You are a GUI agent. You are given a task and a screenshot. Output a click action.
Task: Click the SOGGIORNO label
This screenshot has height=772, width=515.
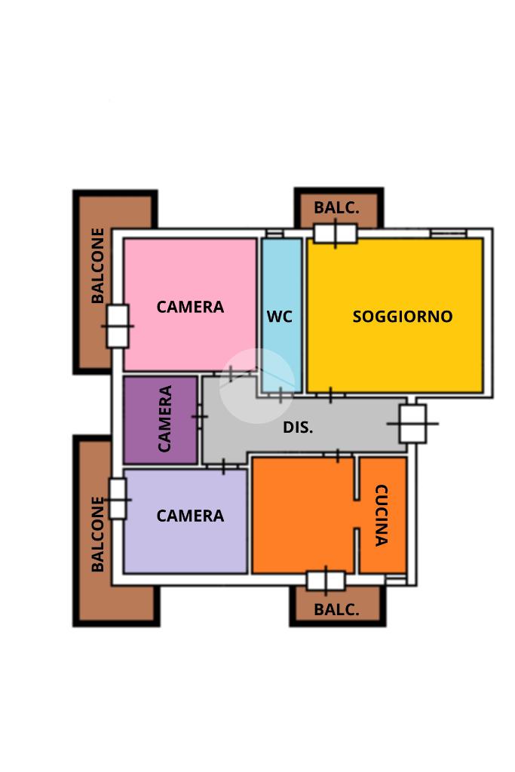click(x=403, y=317)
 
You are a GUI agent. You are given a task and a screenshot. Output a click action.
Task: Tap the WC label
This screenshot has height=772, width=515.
click(x=279, y=317)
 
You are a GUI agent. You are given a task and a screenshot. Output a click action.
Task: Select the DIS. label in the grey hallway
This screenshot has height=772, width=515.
click(x=298, y=427)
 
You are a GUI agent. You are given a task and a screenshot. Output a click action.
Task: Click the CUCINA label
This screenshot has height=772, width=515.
click(x=382, y=515)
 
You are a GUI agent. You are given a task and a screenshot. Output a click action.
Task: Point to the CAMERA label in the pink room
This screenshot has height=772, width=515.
click(x=190, y=307)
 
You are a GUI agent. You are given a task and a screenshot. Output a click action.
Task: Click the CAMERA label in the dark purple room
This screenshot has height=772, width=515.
click(x=165, y=418)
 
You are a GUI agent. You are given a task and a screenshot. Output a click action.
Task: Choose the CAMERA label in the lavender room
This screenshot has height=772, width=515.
click(x=190, y=516)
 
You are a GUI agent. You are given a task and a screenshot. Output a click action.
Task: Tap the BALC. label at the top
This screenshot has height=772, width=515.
click(x=336, y=207)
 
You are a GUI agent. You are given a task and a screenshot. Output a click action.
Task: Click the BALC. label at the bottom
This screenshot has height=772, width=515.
click(x=336, y=609)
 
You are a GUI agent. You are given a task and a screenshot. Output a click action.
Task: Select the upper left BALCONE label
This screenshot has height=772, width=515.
click(x=98, y=265)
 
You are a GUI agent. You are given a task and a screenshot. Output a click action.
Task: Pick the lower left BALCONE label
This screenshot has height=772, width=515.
click(x=98, y=534)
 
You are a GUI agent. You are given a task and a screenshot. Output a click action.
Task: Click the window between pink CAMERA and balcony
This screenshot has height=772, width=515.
click(x=118, y=326)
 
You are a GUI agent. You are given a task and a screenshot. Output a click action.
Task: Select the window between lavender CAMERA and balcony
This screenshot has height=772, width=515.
click(x=118, y=499)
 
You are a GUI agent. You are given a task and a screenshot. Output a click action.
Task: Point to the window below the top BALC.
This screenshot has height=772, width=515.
click(x=336, y=234)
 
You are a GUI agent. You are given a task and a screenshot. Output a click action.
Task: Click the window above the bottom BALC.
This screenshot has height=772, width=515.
click(x=326, y=581)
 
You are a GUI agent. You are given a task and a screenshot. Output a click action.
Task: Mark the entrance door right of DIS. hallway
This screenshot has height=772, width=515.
click(x=412, y=424)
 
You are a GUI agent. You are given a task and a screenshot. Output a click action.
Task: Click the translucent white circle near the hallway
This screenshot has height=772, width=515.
click(x=257, y=386)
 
